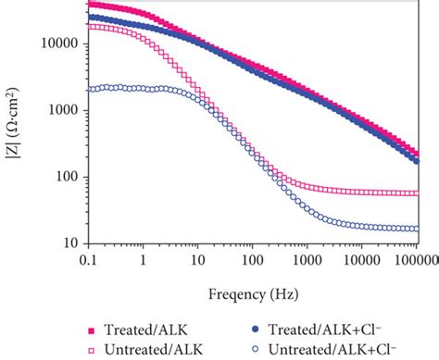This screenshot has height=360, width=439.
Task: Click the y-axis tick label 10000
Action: tap(62, 43)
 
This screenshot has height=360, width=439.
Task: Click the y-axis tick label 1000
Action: tap(65, 110)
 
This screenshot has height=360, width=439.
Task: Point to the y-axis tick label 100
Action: tap(69, 177)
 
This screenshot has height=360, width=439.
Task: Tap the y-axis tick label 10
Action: tap(71, 244)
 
